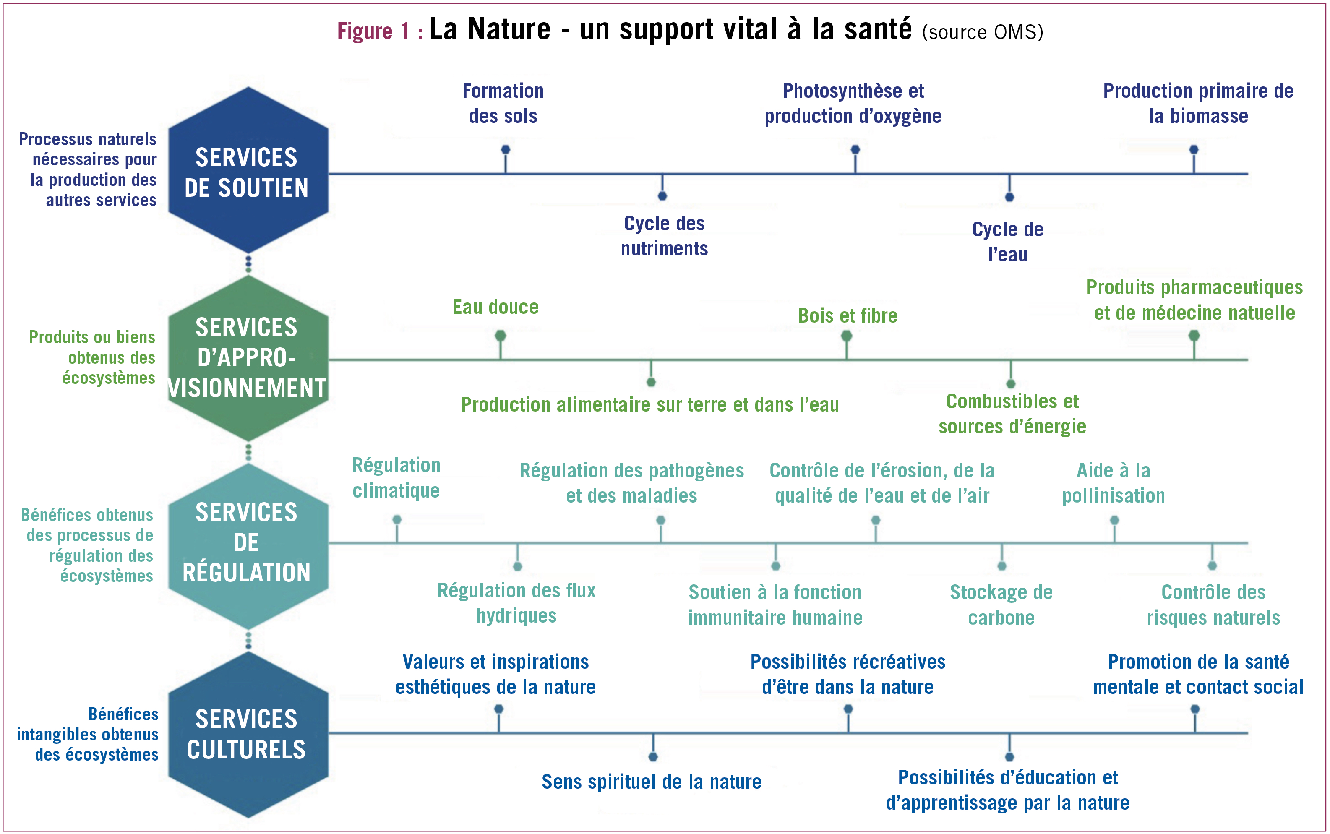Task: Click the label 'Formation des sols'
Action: click(x=503, y=104)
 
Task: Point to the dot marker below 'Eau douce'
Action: click(x=501, y=335)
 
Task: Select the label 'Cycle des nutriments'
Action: click(x=664, y=236)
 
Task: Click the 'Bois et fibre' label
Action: click(x=848, y=316)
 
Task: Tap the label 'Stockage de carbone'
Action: click(x=1001, y=605)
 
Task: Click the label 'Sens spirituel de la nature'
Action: click(x=652, y=782)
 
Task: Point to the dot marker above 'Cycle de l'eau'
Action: click(x=1009, y=197)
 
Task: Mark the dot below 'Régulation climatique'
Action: click(x=396, y=520)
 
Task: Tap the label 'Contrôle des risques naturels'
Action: click(x=1213, y=605)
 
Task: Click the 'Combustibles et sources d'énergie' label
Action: click(x=1012, y=414)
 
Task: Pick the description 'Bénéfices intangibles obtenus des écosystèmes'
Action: click(x=88, y=734)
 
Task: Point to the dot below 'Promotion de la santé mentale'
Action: click(x=1195, y=709)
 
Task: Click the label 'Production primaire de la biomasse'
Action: click(x=1198, y=104)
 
